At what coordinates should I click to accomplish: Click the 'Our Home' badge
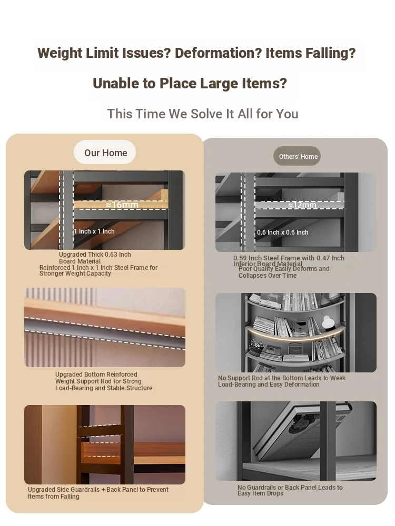(x=105, y=153)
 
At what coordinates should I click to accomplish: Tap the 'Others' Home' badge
(x=297, y=156)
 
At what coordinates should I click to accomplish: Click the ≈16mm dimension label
(x=122, y=205)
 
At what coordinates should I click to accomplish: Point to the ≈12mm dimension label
(x=302, y=205)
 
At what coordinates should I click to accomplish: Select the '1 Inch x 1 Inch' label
(x=94, y=231)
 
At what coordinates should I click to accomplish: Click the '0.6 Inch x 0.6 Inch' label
(x=282, y=232)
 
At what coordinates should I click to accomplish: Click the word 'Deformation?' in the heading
(x=218, y=53)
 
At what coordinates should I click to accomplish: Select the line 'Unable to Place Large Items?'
(x=190, y=84)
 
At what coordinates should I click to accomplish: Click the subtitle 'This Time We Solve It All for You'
(x=203, y=114)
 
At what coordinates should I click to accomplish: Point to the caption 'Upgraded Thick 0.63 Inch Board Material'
(x=95, y=258)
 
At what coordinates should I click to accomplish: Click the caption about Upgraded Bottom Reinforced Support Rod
(x=104, y=381)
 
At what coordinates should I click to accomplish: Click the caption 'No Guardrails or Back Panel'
(x=290, y=490)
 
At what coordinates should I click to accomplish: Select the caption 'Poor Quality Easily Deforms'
(x=284, y=272)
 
